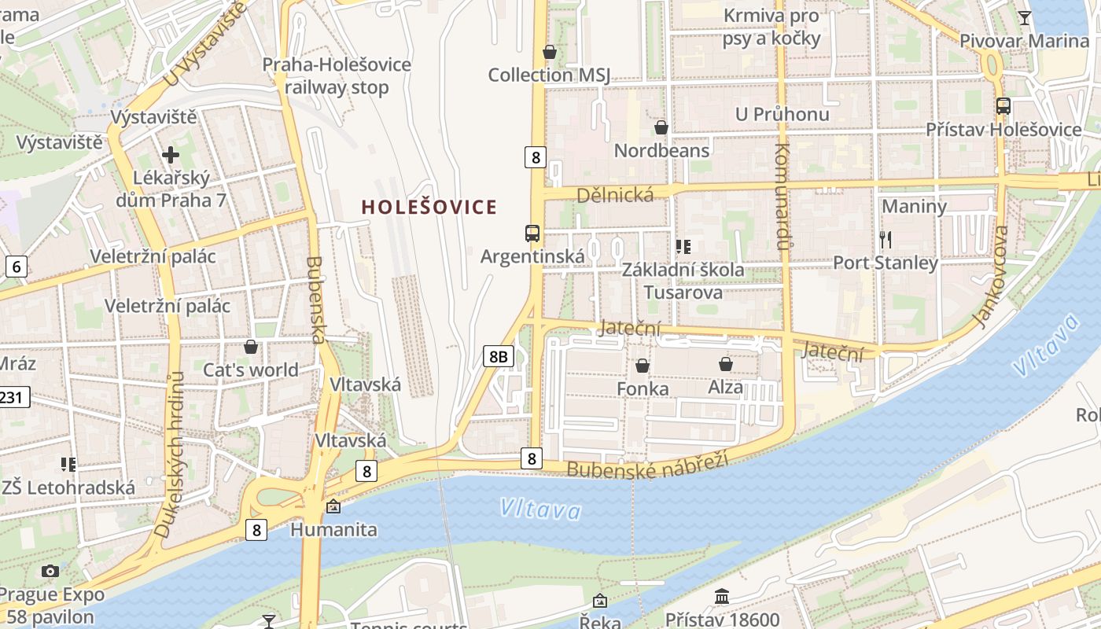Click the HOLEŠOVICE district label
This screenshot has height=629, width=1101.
tap(429, 208)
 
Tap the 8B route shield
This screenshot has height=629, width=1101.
tap(498, 357)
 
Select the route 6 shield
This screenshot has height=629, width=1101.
tap(17, 267)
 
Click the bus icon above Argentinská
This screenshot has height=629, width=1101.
tap(532, 234)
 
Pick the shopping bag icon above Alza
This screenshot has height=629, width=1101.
tap(725, 364)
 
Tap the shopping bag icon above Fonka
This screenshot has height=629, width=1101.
tap(643, 366)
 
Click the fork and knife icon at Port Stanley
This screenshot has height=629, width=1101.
tap(886, 239)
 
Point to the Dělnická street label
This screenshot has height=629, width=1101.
tap(615, 195)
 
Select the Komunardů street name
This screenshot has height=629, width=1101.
tap(782, 197)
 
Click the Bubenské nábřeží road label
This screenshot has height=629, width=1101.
tap(647, 465)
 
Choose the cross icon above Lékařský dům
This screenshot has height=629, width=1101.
tap(170, 155)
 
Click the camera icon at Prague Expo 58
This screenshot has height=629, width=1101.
tap(50, 571)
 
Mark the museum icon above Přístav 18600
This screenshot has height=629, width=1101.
tap(722, 597)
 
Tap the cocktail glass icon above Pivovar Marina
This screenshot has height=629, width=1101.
tap(1025, 17)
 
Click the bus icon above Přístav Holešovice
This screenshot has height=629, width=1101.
tap(1003, 105)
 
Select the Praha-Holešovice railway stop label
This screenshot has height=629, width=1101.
tap(337, 75)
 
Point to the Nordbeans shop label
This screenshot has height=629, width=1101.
tap(661, 150)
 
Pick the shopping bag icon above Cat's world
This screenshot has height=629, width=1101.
tap(251, 347)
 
